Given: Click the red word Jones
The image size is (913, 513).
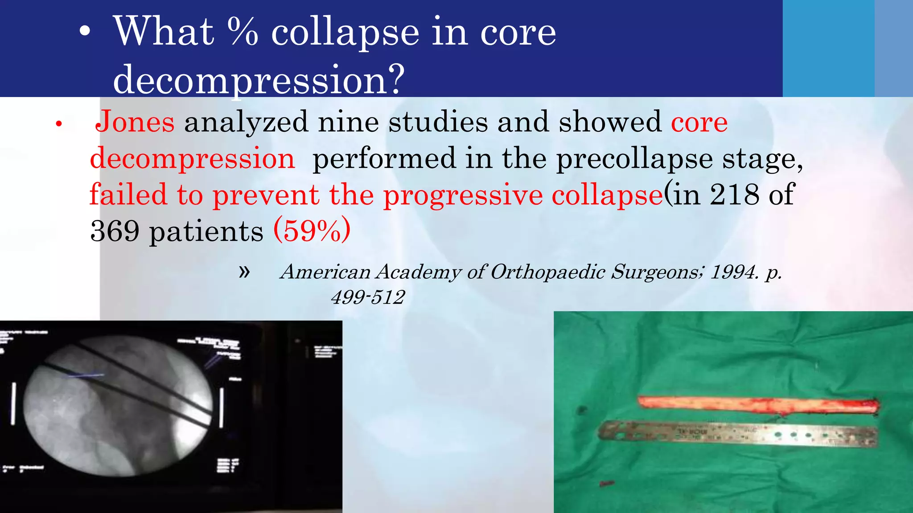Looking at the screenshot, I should (x=135, y=122).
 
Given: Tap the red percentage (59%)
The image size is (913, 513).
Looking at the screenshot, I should (x=312, y=230).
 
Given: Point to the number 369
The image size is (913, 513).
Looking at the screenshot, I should (x=115, y=231).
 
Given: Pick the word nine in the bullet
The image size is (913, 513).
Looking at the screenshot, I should (x=348, y=122).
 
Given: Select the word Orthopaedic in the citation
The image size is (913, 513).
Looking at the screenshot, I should (x=548, y=272).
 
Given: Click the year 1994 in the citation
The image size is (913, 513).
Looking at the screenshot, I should (x=733, y=272).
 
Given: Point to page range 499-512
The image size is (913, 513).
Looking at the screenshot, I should (x=368, y=297).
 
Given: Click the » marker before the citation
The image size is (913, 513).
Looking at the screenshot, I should (x=244, y=271).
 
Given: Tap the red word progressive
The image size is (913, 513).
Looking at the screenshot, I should (x=463, y=195).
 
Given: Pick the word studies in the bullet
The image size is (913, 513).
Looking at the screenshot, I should (x=438, y=122).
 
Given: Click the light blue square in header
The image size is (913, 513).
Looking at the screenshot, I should (x=828, y=48).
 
